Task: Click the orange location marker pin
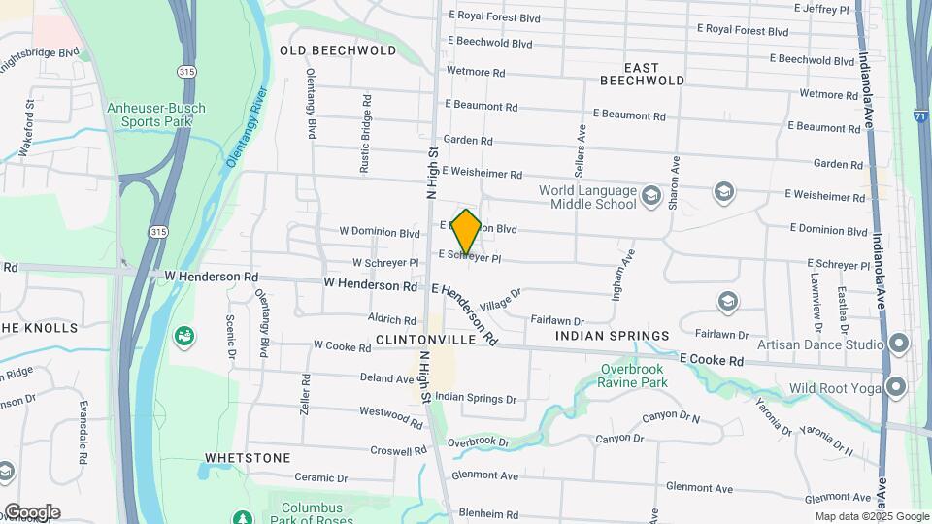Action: click(466, 231)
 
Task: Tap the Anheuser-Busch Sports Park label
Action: click(150, 114)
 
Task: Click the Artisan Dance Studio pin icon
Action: click(899, 344)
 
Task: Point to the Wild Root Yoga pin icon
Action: click(899, 388)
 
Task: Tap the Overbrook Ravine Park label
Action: click(634, 376)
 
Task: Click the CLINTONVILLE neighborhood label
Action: click(425, 341)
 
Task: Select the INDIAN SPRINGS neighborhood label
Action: click(612, 336)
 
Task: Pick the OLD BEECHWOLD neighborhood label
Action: click(338, 49)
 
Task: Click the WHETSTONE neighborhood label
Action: click(248, 457)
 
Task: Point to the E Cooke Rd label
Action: click(711, 360)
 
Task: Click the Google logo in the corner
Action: click(32, 512)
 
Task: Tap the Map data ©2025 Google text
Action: click(872, 516)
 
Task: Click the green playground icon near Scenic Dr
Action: click(183, 336)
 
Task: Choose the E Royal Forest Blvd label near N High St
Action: click(494, 16)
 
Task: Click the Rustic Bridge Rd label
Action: click(365, 134)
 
